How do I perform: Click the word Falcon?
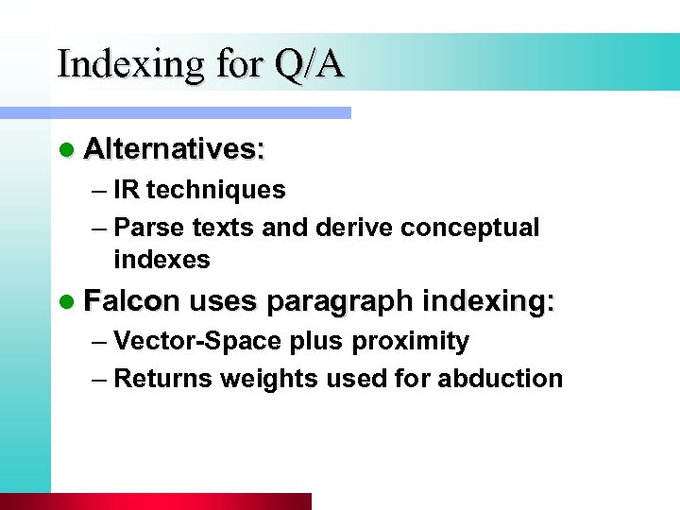point(131,301)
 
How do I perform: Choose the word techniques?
point(215,190)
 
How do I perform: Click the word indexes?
point(161,259)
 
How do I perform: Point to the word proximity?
point(416,341)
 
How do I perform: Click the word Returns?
point(162,379)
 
